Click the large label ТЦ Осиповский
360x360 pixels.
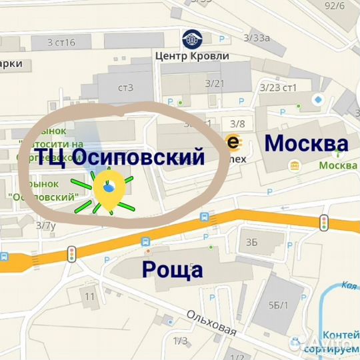(x=119, y=157)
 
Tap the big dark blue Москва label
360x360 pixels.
(x=307, y=143)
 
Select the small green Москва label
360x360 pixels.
(x=337, y=165)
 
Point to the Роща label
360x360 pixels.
(x=172, y=270)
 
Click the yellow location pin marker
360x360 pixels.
(x=109, y=189)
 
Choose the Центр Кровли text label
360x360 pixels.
(x=191, y=56)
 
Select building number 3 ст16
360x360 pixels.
(x=61, y=43)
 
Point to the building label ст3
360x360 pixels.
(x=125, y=87)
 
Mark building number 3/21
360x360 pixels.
(x=215, y=83)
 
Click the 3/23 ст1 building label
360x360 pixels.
(x=277, y=87)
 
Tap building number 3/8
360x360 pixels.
(x=237, y=123)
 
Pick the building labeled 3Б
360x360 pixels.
(x=251, y=241)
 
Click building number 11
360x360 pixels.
(x=91, y=295)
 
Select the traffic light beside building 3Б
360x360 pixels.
(x=325, y=223)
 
